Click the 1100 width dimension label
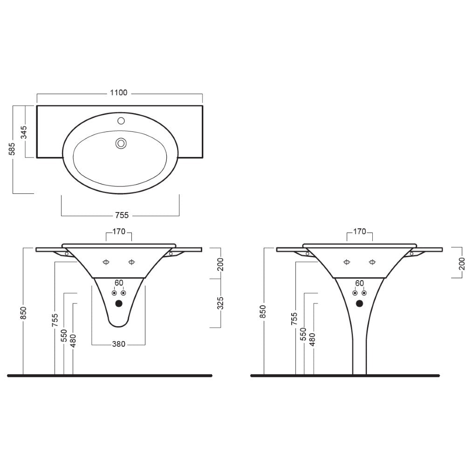(118, 93)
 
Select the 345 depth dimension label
(23, 132)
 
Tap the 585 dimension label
(12, 149)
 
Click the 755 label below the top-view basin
(122, 215)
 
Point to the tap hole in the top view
(121, 121)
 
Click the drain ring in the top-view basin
(121, 144)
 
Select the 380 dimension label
(118, 344)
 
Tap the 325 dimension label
(220, 303)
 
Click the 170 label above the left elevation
(119, 232)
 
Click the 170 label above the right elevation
(360, 232)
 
